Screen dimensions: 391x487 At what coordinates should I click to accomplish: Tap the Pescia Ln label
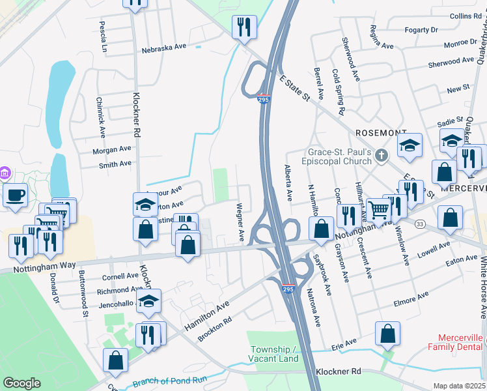pyautogui.click(x=103, y=36)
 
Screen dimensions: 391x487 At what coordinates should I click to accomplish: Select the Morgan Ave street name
pyautogui.click(x=112, y=150)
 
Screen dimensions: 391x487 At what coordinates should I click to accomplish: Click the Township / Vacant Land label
pyautogui.click(x=273, y=354)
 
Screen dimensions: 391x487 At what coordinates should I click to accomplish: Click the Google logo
pyautogui.click(x=21, y=383)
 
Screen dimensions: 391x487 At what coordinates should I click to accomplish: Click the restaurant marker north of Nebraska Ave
pyautogui.click(x=244, y=27)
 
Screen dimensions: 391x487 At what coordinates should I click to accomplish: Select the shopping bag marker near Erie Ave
pyautogui.click(x=387, y=333)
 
